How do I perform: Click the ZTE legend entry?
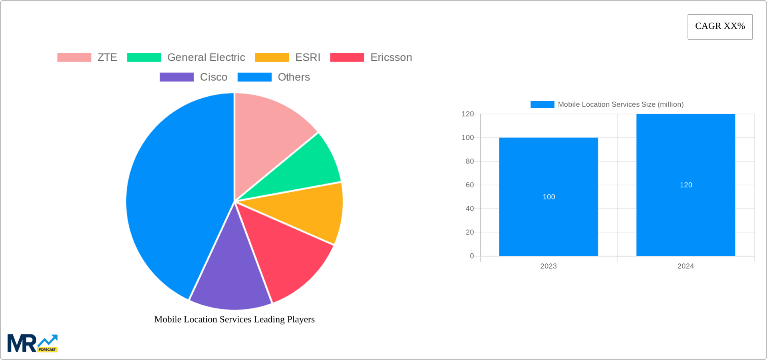coord(87,58)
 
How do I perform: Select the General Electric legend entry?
coord(186,58)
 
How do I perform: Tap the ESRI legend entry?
coord(288,58)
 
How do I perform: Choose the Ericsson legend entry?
coord(371,58)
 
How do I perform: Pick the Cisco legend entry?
coord(194,77)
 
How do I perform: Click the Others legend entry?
coord(274,77)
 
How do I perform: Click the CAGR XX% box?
coord(720,27)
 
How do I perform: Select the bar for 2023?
coord(548,197)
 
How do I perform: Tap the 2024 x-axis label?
coord(686,266)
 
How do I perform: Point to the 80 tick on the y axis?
coord(469,161)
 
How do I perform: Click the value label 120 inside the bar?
coord(686,185)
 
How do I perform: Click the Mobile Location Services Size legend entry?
coord(607,104)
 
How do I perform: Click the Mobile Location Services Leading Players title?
coord(234,319)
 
